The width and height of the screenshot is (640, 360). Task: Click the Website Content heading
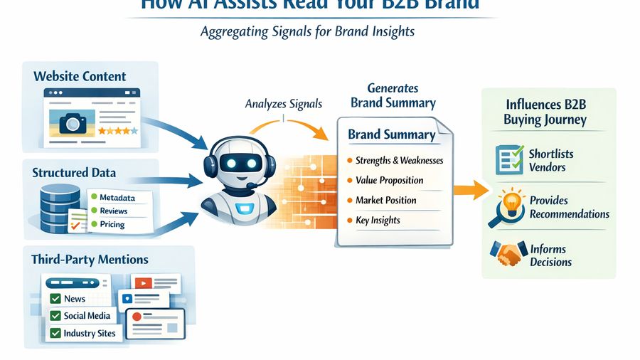coord(80,76)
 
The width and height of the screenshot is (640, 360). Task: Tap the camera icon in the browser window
coord(72,122)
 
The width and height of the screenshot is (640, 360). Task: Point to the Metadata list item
coord(117,197)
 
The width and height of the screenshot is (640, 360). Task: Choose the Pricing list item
coord(112,224)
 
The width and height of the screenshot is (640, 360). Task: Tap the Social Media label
coord(87,316)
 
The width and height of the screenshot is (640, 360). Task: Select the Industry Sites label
coord(89,333)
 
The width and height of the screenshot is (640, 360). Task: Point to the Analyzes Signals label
coord(283,104)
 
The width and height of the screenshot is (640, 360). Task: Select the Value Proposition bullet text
coord(389,180)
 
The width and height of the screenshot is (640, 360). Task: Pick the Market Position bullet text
coord(386,200)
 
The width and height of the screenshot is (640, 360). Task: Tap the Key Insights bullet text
coord(378,220)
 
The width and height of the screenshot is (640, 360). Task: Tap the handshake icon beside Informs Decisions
coord(508,253)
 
